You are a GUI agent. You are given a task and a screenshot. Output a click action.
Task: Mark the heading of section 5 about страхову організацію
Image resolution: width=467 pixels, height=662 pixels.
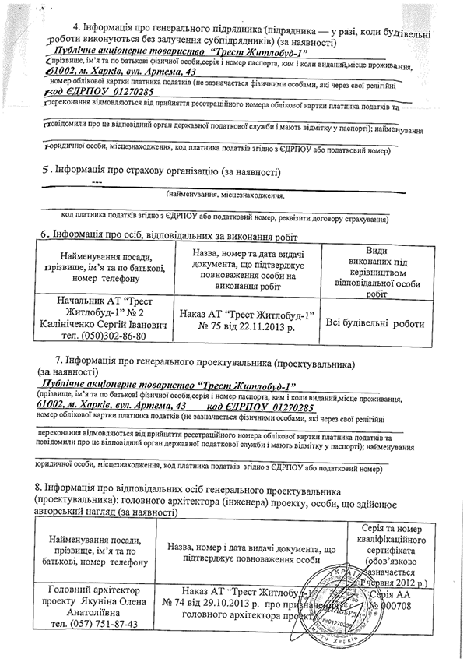159,171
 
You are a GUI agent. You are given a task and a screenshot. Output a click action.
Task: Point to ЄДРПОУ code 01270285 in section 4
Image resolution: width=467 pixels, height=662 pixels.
117,92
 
